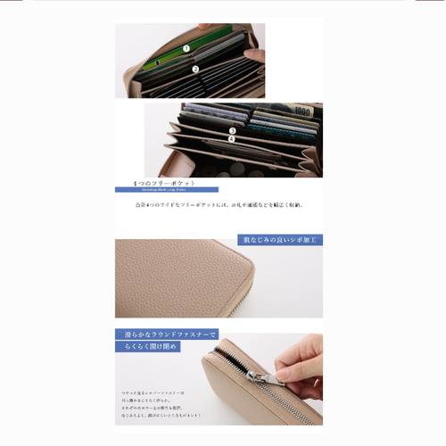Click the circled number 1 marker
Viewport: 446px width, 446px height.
[x=186, y=48]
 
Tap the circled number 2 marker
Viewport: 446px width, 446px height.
[x=194, y=69]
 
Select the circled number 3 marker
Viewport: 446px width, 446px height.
[x=232, y=131]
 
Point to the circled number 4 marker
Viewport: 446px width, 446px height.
[x=232, y=139]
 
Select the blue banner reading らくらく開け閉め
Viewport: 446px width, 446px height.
[x=147, y=346]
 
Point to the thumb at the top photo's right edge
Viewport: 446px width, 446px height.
[x=257, y=54]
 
